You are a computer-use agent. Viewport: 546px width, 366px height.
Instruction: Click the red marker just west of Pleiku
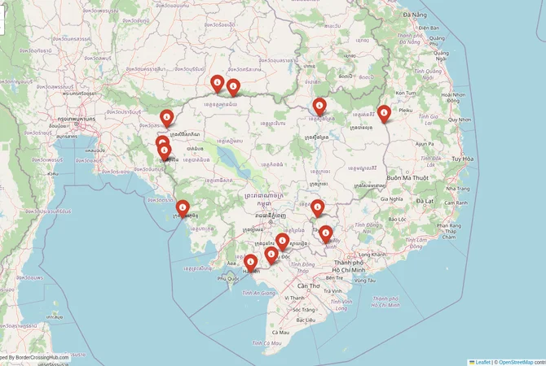click(x=384, y=115)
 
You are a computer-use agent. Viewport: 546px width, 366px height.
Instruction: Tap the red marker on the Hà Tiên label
click(x=251, y=263)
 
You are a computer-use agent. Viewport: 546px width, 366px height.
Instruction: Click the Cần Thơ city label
click(x=309, y=286)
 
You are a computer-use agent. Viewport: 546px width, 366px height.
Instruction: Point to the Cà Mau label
click(x=281, y=332)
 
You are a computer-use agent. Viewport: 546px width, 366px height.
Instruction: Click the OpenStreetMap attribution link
click(x=516, y=362)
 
